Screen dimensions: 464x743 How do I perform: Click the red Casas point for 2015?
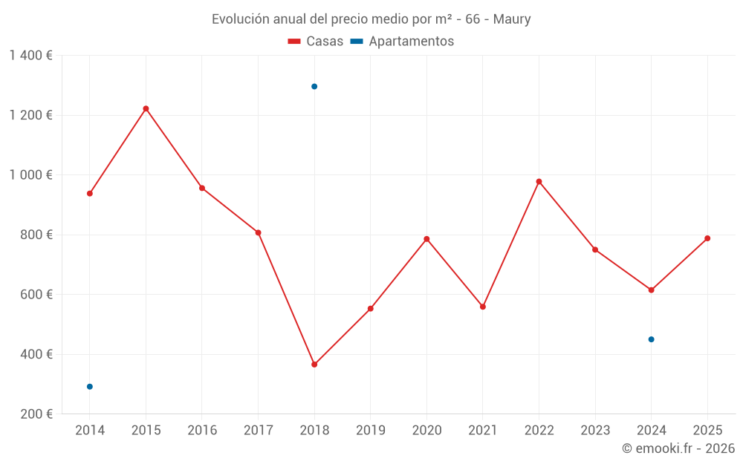click(x=146, y=108)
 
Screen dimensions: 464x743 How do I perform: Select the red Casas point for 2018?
click(x=314, y=365)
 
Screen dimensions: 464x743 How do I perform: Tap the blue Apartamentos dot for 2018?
click(x=314, y=86)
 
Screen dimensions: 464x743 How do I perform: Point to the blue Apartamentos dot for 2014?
click(x=90, y=387)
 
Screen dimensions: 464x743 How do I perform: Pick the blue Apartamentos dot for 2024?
click(x=652, y=339)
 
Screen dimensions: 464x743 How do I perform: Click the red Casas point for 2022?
click(x=539, y=181)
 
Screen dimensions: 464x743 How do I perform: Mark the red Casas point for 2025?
click(x=707, y=238)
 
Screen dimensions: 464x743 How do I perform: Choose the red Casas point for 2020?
click(x=426, y=239)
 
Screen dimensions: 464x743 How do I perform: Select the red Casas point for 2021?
click(x=483, y=307)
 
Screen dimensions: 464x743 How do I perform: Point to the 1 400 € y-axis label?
click(x=31, y=56)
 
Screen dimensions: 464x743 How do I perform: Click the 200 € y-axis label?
click(x=37, y=414)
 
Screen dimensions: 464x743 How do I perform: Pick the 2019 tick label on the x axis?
click(x=371, y=431)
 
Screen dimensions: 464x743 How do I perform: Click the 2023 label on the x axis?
click(x=595, y=431)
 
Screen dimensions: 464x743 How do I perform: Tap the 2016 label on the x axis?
click(x=202, y=431)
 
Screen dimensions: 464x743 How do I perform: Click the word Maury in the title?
click(x=512, y=19)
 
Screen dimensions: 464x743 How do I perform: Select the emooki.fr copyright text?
click(x=678, y=448)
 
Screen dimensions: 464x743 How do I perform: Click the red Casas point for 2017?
click(x=258, y=232)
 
